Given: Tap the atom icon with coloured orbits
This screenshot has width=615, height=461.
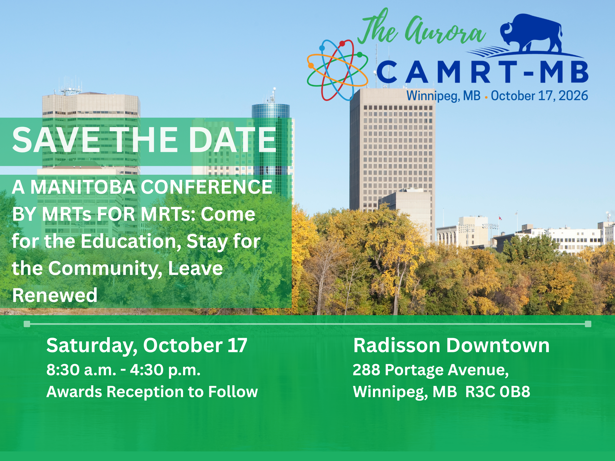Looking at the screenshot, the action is click(337, 69).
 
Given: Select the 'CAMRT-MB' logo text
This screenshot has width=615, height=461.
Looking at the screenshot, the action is click(482, 72).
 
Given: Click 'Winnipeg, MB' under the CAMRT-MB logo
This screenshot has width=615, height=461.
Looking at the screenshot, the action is click(443, 96).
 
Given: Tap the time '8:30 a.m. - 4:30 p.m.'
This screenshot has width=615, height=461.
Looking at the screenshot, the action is click(123, 370).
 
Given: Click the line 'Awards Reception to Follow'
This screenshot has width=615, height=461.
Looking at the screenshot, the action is click(152, 392).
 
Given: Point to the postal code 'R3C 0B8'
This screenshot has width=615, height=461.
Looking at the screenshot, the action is click(498, 392).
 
